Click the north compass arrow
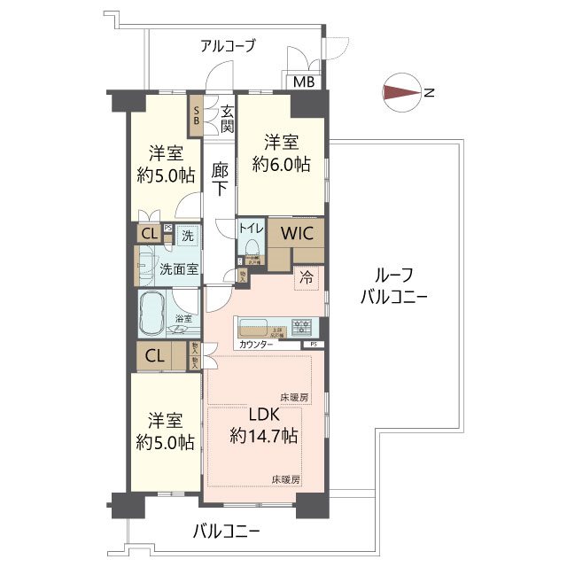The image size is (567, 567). coord(404,91)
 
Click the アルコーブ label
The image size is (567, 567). coord(229,46)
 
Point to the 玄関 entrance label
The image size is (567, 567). coord(228,119)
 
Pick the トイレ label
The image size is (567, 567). coord(249,227)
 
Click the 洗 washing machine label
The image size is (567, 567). coord(187,236)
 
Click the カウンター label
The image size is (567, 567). coord(256,343)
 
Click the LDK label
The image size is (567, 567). coord(263,415)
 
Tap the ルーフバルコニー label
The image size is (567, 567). coord(393,285)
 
